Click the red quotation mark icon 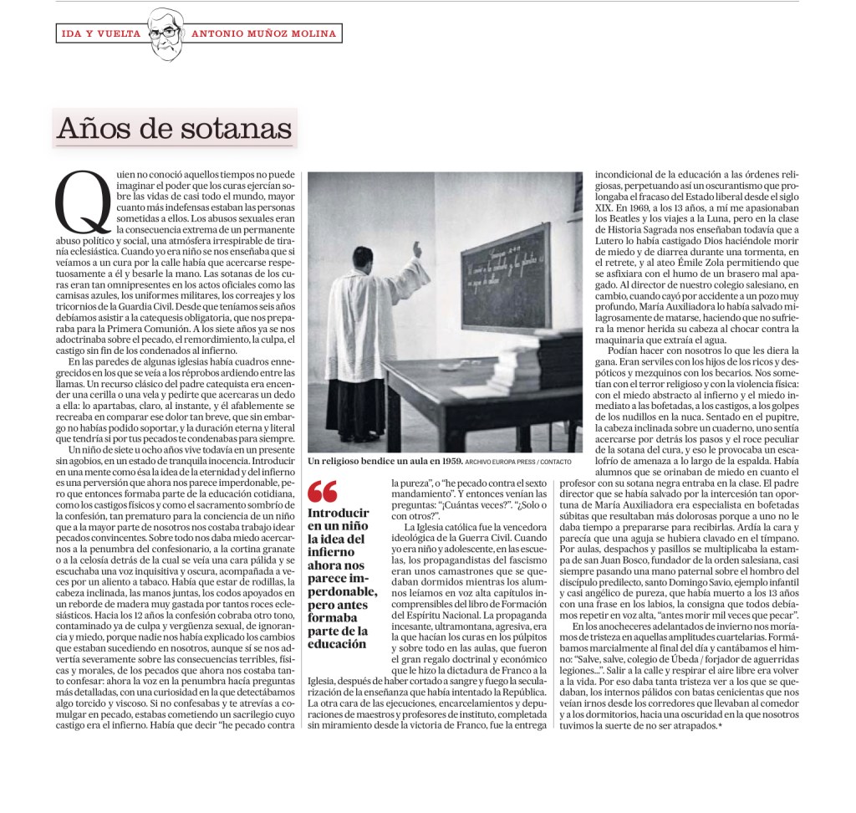323,492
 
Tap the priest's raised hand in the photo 417,248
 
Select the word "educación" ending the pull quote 339,644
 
